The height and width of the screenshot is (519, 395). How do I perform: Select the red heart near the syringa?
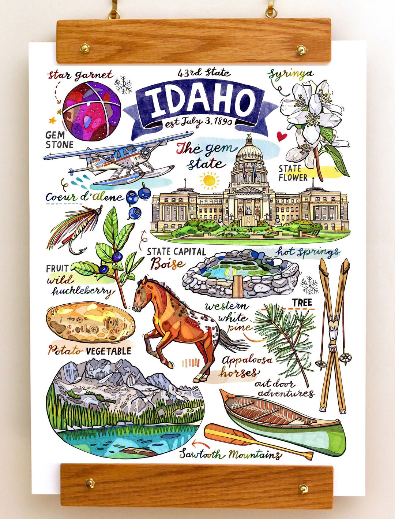pyautogui.click(x=281, y=137)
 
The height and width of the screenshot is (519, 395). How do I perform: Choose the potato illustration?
pyautogui.click(x=90, y=322)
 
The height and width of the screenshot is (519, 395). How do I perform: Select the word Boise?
pyautogui.click(x=168, y=264)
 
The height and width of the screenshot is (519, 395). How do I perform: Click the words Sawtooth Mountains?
pyautogui.click(x=230, y=455)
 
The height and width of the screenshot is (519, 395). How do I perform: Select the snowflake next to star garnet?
pyautogui.click(x=123, y=85)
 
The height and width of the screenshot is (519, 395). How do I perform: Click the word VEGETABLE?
pyautogui.click(x=108, y=351)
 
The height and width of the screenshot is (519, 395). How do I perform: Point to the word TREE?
pyautogui.click(x=302, y=303)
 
